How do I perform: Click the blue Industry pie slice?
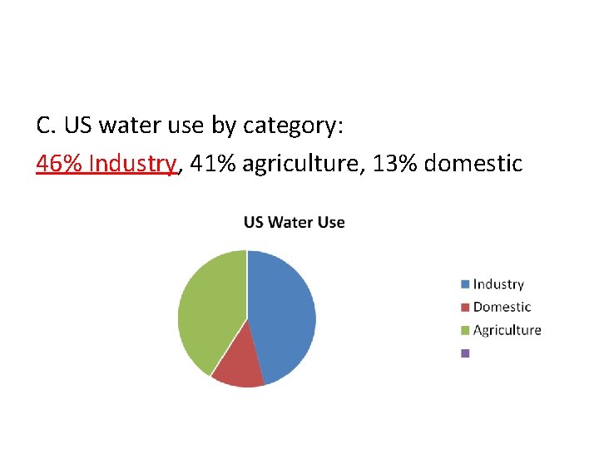283,312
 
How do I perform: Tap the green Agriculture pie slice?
208,308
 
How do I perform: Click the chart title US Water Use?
294,223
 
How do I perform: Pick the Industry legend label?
498,284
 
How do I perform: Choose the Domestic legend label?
502,307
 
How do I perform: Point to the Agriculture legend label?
507,330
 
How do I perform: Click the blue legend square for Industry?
465,284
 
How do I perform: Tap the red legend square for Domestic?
465,307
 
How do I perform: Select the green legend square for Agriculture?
465,330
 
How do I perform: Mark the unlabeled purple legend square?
465,353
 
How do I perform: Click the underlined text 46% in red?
59,164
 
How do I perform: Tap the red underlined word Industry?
132,164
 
